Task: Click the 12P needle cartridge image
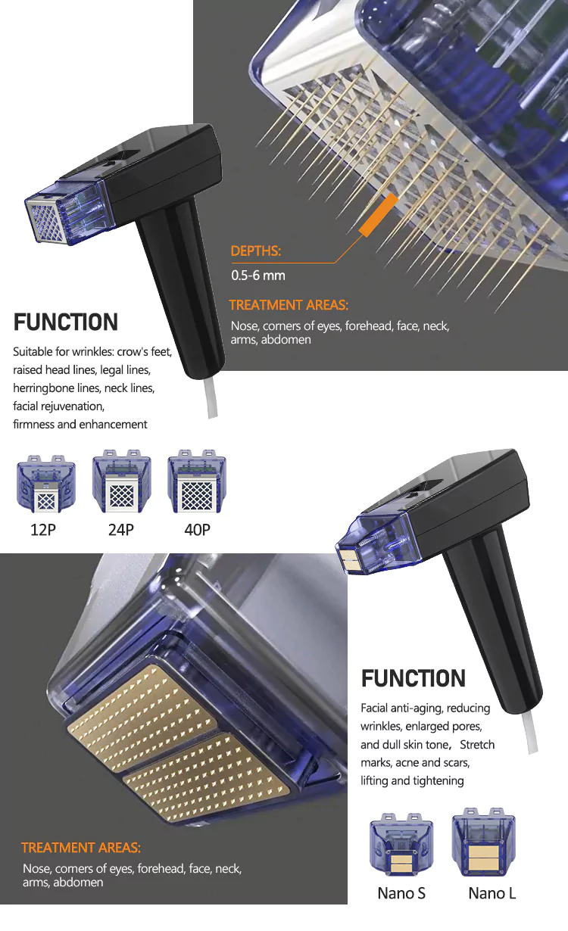point(45,484)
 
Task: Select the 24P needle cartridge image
point(121,481)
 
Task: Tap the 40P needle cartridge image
point(197,481)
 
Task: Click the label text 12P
point(43,530)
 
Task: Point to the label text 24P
point(121,530)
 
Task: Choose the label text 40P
point(197,530)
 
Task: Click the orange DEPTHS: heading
point(256,251)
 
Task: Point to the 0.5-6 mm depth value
point(258,276)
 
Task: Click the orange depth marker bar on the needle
point(378,214)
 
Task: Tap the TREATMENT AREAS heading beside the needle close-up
point(289,305)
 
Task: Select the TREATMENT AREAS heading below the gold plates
point(81,848)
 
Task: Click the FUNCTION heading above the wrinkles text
point(66,322)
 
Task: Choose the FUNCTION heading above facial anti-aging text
point(414,678)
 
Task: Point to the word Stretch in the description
point(477,744)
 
